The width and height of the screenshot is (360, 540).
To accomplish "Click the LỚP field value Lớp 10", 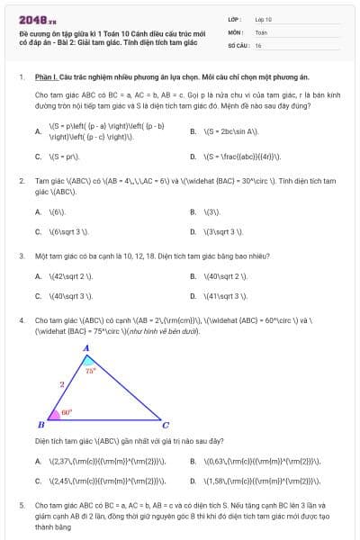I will pos(263,19).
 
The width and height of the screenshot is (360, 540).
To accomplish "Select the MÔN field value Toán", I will pos(261,31).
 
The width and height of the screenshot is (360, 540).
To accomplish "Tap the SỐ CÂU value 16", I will pos(258,44).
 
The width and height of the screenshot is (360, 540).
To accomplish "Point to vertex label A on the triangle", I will pos(86,347).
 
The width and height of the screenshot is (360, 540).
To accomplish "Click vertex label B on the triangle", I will pos(40,425).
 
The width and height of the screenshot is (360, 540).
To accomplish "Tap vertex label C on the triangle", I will pos(166,425).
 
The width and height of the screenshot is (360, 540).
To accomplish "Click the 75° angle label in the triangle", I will pos(90,369).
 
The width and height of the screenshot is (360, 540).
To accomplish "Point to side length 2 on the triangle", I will pos(61,384).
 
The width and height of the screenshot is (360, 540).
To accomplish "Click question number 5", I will pos(22,506).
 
